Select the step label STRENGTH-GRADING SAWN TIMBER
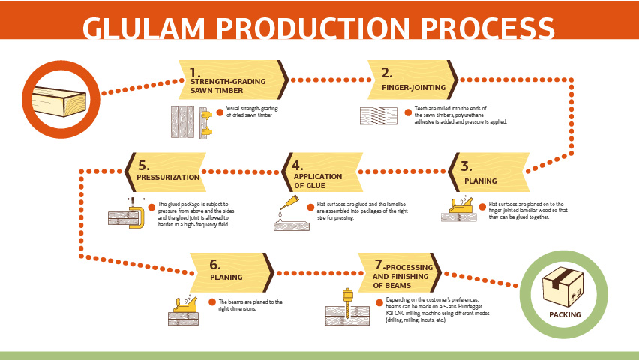click(226, 85)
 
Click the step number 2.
click(386, 73)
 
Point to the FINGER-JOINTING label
click(413, 87)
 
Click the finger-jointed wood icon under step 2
click(379, 116)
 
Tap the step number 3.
click(466, 166)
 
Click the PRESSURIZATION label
click(168, 178)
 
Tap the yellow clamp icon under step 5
click(135, 214)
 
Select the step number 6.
click(215, 263)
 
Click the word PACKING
click(565, 314)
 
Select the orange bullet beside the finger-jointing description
click(408, 112)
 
